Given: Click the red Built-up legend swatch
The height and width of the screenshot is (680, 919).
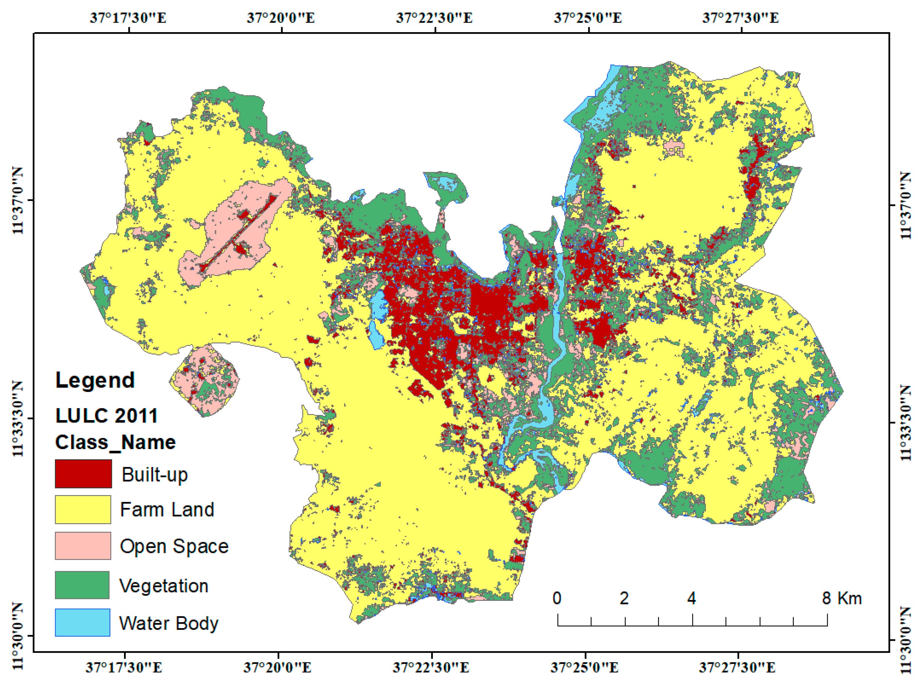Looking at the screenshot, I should click(83, 474).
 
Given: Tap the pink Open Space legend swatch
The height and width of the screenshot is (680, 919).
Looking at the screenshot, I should click(83, 546).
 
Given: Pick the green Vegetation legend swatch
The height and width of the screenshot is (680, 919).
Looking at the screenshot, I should click(82, 584).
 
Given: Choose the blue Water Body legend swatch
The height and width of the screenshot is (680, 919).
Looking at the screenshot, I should click(82, 623).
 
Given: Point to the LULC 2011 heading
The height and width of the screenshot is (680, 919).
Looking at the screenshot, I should click(106, 416).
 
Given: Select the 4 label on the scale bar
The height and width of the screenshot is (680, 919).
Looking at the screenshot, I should click(691, 598).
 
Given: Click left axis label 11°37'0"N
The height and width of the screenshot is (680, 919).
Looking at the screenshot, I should click(17, 201).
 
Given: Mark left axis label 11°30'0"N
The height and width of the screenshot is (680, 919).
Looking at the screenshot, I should click(17, 636).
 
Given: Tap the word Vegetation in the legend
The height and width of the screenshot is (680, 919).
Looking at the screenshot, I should click(164, 586).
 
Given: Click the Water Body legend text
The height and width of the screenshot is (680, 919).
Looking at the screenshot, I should click(169, 623).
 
